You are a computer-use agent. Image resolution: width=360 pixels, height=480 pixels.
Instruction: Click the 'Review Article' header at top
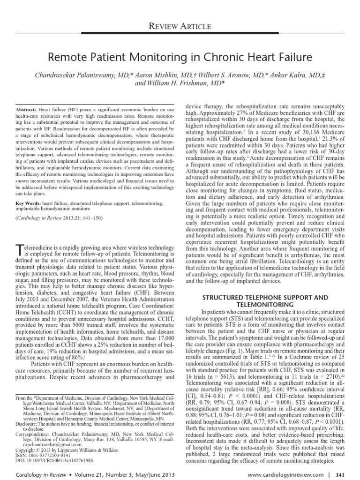pos(180,26)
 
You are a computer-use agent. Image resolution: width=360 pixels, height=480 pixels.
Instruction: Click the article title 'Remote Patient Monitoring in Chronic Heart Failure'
pos(180,58)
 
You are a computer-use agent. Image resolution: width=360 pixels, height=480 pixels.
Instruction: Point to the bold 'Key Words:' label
pos(29,204)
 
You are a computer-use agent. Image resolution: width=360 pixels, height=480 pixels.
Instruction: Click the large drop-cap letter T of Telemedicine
pos(20,249)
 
